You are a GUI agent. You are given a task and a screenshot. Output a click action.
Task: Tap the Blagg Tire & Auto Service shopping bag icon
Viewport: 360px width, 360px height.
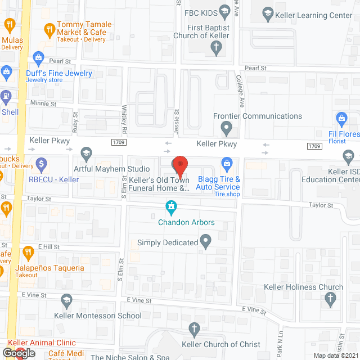pyautogui.click(x=227, y=165)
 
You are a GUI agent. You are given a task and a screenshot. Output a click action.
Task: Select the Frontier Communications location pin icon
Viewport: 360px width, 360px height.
pyautogui.click(x=226, y=130)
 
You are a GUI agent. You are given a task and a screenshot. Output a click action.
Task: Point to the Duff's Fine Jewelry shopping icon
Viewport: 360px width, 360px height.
pyautogui.click(x=38, y=57)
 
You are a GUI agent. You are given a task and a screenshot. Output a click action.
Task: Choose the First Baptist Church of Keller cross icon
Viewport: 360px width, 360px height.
pyautogui.click(x=216, y=48)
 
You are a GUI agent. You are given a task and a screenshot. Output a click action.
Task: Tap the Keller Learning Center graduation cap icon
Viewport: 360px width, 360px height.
pyautogui.click(x=267, y=12)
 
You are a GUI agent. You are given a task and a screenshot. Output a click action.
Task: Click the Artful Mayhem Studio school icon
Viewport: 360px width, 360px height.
pyautogui.click(x=86, y=153)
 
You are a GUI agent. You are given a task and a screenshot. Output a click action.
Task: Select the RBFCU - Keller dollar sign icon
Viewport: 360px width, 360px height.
pyautogui.click(x=40, y=165)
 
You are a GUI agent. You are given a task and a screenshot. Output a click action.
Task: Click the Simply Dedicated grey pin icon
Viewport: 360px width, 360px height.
pyautogui.click(x=206, y=242)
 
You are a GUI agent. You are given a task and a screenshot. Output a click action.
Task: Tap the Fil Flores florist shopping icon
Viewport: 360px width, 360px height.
pyautogui.click(x=341, y=119)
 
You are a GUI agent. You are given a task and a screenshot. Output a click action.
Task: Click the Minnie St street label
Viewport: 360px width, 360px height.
pyautogui.click(x=44, y=104)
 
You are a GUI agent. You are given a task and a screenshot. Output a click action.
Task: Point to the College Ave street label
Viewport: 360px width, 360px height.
pyautogui.click(x=240, y=92)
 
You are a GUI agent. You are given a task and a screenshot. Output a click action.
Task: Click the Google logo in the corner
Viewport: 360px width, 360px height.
pyautogui.click(x=18, y=353)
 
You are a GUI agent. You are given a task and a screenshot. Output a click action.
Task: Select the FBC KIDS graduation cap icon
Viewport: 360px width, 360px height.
pyautogui.click(x=224, y=11)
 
